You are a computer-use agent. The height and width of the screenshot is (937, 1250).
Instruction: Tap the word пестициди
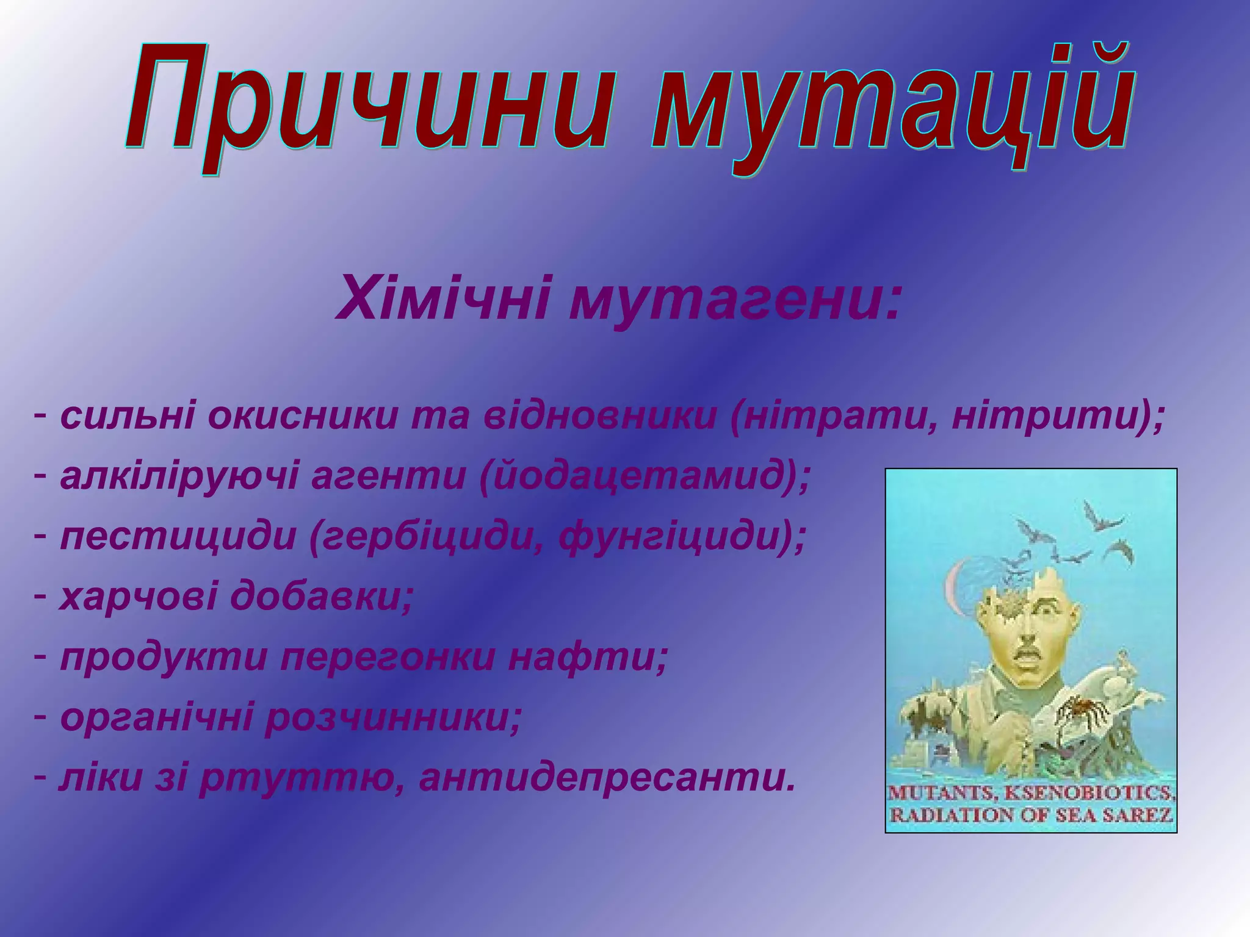(x=177, y=538)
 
